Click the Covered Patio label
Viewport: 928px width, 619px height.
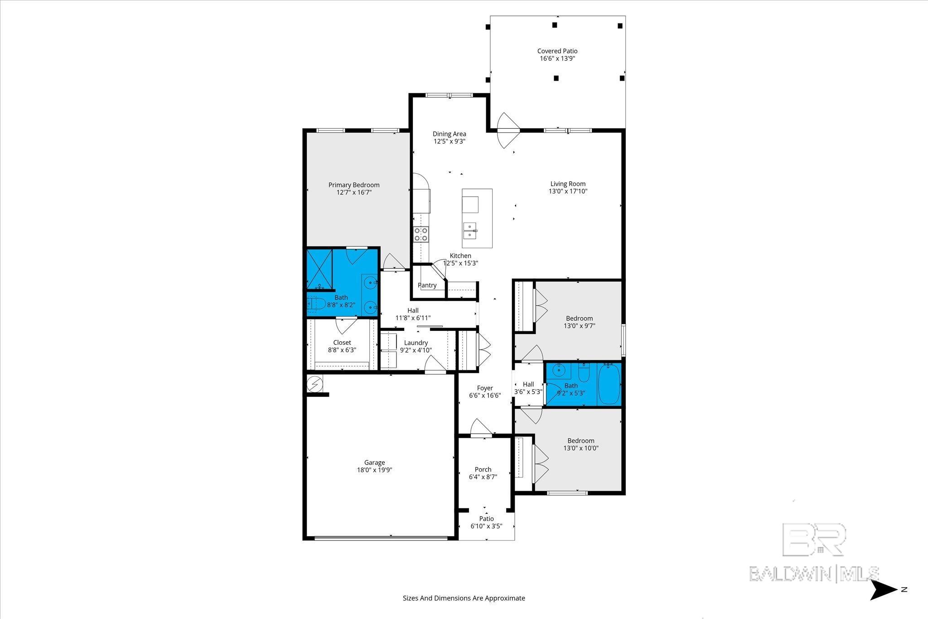click(x=557, y=51)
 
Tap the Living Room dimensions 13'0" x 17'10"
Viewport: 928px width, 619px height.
click(x=568, y=191)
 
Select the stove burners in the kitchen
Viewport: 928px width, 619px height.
click(x=420, y=234)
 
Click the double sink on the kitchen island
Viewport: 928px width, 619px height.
click(x=470, y=230)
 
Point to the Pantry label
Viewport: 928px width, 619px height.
click(x=427, y=285)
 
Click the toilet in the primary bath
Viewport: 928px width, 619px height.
click(x=316, y=303)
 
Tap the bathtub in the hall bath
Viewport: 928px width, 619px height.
click(x=609, y=384)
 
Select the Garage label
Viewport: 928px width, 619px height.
click(x=374, y=463)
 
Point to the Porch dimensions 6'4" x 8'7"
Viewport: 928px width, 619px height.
click(x=483, y=477)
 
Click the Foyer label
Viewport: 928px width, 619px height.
click(x=484, y=388)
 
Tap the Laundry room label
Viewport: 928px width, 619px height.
click(x=416, y=343)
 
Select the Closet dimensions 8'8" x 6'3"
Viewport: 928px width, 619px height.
click(x=342, y=350)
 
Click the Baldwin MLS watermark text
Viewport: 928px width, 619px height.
click(x=814, y=573)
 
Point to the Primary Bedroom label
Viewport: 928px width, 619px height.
click(x=354, y=185)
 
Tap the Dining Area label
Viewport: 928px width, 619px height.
click(x=449, y=134)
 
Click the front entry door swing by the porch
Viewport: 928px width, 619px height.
click(x=480, y=428)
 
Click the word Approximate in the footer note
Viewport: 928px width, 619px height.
click(x=505, y=598)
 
